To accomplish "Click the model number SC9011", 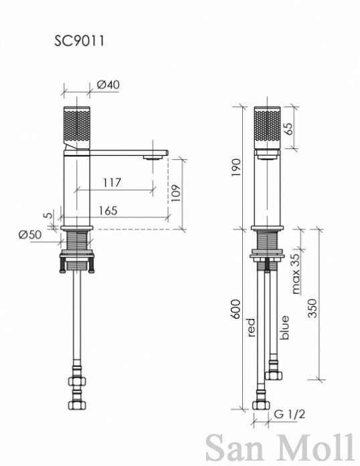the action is (79, 41).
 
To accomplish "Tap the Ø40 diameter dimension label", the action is (108, 85).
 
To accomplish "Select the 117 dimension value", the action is (112, 183).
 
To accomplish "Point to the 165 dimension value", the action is (108, 211).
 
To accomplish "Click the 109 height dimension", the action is (176, 193).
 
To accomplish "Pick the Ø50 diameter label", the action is (29, 235).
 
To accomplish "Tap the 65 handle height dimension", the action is (288, 128).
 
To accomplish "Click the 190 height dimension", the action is (236, 168).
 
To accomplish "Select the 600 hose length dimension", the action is (236, 310).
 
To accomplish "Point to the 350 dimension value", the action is (312, 308).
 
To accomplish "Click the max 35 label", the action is (296, 273).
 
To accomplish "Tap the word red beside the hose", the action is (252, 328).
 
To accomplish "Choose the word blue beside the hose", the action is (284, 328).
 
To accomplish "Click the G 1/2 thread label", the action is (289, 414).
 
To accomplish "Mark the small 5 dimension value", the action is (50, 215).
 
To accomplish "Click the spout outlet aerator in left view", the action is (153, 158).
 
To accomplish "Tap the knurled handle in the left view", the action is (77, 128).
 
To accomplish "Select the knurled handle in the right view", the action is (267, 128).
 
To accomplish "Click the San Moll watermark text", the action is (280, 447).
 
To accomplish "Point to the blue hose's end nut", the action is (274, 375).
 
